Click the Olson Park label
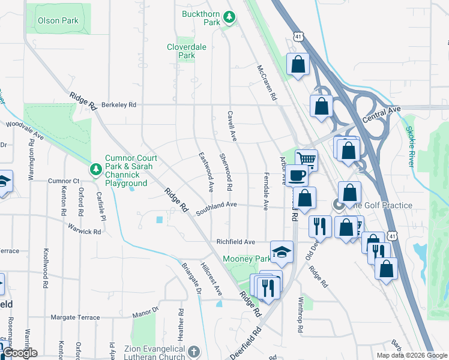[x=58, y=20]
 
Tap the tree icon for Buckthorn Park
[x=229, y=18]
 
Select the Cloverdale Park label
[x=181, y=51]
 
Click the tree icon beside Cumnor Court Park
[x=95, y=170]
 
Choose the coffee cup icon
[x=297, y=175]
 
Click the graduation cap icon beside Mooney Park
[x=281, y=253]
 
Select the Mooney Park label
[x=247, y=259]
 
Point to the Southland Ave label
[x=217, y=205]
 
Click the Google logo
[x=20, y=353]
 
